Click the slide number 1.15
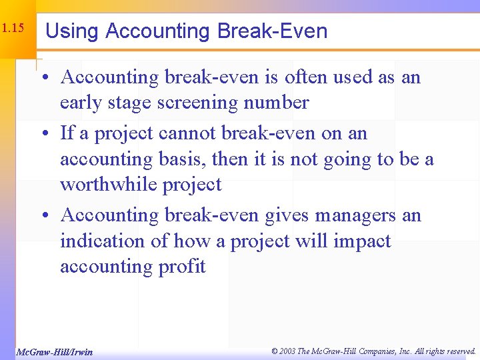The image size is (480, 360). pyautogui.click(x=13, y=29)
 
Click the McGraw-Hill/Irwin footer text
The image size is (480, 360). pyautogui.click(x=54, y=351)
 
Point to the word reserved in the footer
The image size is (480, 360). pyautogui.click(x=459, y=351)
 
